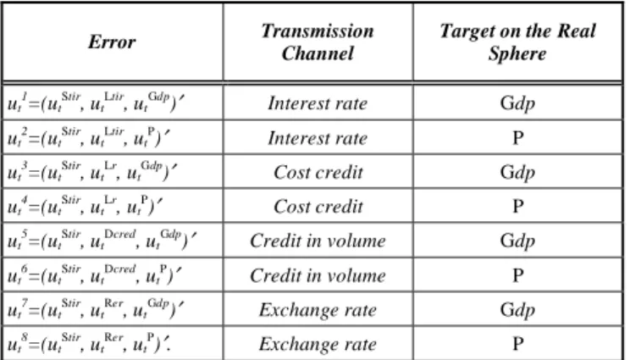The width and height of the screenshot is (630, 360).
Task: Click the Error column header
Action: point(112,42)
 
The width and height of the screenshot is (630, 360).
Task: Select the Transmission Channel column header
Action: point(318,42)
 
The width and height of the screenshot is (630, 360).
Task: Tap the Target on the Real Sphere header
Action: point(517,42)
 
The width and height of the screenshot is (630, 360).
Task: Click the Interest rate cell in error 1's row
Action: point(318,103)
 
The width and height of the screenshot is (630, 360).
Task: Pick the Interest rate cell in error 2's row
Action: point(318,138)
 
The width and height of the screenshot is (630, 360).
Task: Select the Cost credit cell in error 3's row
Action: point(318,172)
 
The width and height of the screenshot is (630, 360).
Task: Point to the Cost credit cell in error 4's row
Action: point(318,207)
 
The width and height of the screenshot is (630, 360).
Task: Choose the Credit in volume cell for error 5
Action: point(318,241)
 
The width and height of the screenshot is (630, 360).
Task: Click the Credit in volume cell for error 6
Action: point(318,275)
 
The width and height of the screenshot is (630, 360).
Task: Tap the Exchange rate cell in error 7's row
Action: point(318,310)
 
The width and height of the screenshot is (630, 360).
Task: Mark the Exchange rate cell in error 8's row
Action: point(318,344)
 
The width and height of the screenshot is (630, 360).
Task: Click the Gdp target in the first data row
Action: point(517,104)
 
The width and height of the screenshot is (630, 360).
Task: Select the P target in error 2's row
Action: point(518,138)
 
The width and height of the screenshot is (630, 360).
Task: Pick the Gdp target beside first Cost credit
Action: point(517,173)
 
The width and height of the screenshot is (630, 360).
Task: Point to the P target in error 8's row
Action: point(518,344)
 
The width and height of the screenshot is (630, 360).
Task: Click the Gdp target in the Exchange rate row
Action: point(517,311)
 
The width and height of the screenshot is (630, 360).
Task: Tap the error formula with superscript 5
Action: point(102,241)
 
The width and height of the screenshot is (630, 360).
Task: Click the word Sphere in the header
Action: point(517,53)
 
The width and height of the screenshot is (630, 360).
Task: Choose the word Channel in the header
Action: point(318,53)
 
